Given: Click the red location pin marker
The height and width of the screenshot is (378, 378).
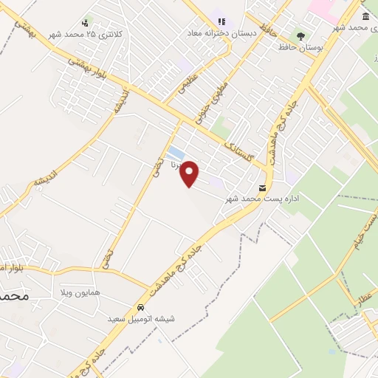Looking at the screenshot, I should (190, 173).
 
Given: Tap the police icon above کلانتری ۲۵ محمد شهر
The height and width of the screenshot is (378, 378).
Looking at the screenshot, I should (86, 23).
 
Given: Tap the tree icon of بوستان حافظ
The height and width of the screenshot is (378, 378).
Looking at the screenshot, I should (300, 35).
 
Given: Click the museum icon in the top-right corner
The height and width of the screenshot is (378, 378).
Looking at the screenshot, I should (365, 16).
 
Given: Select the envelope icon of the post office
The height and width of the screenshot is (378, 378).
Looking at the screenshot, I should (263, 188).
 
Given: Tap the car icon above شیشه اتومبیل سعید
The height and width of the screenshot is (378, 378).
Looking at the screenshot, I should (140, 307).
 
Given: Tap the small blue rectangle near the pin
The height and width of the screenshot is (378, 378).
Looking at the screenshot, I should (176, 154).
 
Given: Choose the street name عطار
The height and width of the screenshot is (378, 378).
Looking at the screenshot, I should (362, 298).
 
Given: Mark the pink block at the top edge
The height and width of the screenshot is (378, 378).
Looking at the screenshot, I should (322, 8).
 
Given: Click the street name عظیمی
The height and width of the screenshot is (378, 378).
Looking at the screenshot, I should (188, 80).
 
